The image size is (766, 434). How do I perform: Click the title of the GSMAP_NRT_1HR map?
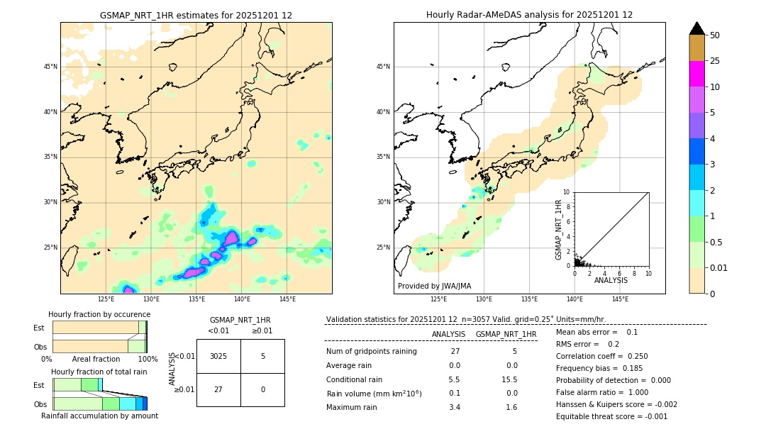pos(196,15)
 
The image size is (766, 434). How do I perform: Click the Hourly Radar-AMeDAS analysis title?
pos(529,15)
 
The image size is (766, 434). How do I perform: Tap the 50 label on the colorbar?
pos(715,35)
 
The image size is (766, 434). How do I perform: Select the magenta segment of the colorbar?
pos(696,74)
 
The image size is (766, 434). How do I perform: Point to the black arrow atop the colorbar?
pos(696,28)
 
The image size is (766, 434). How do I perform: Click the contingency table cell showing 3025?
pos(218,356)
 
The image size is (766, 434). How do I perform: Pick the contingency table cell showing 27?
pos(218,389)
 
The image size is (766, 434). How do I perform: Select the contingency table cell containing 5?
pos(262,356)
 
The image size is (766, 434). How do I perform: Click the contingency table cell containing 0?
pos(262,389)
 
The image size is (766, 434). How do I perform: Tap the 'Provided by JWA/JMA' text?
pos(434,286)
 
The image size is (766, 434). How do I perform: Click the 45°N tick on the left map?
pos(50,67)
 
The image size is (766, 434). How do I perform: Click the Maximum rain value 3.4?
pos(454,407)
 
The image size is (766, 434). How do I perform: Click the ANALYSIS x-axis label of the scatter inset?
pos(611,280)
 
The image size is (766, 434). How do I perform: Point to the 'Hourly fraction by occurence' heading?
pos(99,314)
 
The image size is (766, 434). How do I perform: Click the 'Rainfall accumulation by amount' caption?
pos(99,416)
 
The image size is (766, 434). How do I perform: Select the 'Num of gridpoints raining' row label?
pos(371,351)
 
